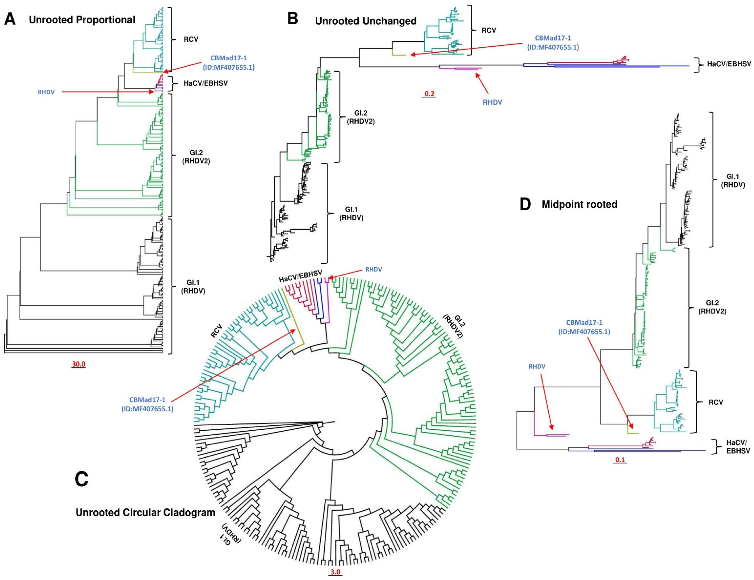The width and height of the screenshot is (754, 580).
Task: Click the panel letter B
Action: coord(293,19)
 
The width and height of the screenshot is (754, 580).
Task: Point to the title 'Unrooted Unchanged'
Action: coord(365,21)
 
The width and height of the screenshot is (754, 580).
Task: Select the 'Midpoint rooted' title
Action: coord(579,204)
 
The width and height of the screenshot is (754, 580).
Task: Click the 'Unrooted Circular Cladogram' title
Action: coord(145,512)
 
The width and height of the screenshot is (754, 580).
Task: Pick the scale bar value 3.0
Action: coord(335,572)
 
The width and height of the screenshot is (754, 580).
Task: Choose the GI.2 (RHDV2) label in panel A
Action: coord(196,157)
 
